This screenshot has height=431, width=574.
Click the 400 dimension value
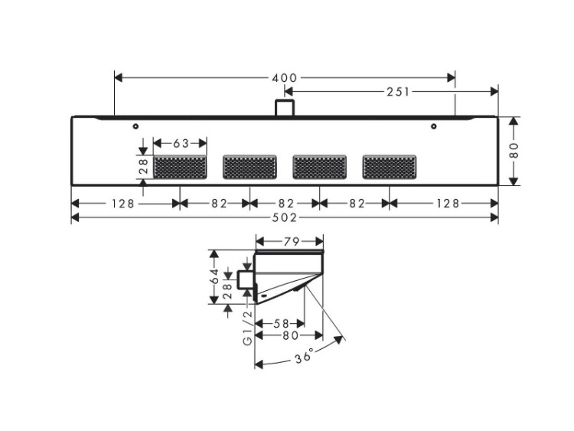tap(285, 77)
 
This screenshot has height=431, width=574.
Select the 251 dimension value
tap(398, 92)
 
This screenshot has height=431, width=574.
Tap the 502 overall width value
tap(285, 218)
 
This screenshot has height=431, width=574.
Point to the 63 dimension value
tap(181, 144)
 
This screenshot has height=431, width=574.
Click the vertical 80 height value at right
tap(514, 150)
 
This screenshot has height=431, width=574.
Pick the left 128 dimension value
tap(123, 203)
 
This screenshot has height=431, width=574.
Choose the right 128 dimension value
tap(448, 203)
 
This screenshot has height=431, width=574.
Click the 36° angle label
tap(305, 356)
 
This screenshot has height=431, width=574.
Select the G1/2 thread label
tap(248, 328)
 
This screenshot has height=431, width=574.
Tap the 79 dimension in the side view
tap(291, 242)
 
